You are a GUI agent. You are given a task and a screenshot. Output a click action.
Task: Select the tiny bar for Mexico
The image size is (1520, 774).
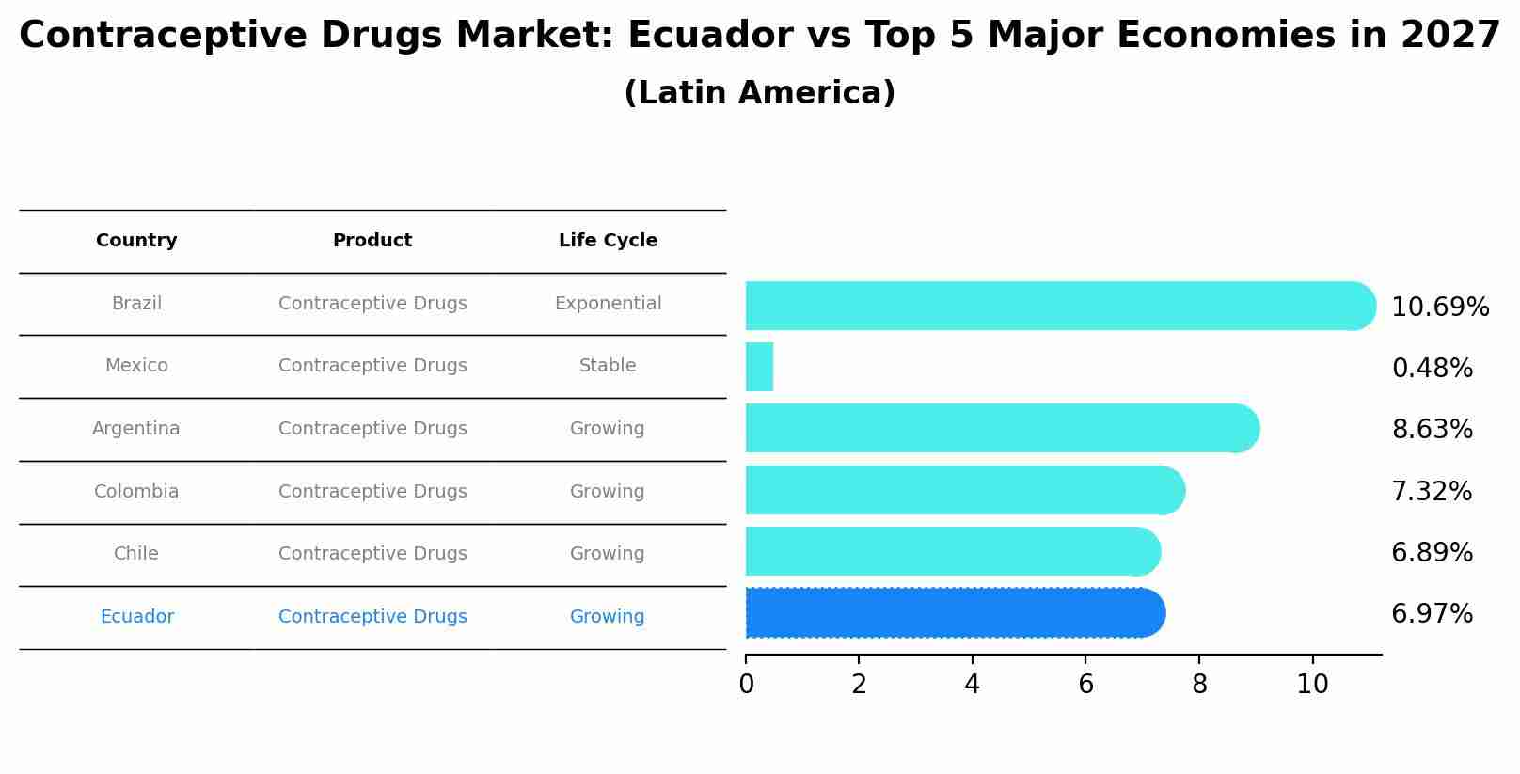pos(759,367)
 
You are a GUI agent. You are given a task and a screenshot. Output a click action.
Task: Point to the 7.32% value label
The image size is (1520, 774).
pos(1431,491)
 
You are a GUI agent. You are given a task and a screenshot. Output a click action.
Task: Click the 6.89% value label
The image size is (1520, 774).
pos(1431,552)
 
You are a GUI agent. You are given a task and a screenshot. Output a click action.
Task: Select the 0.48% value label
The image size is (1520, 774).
pos(1431,368)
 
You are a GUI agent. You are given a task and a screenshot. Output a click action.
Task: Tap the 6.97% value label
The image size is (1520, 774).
pos(1431,614)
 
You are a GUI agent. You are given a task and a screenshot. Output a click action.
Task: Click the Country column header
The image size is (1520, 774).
pos(136,241)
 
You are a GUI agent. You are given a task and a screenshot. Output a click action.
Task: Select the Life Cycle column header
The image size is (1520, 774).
pos(608,241)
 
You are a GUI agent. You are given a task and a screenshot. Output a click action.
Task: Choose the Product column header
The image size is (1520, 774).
pos(372,241)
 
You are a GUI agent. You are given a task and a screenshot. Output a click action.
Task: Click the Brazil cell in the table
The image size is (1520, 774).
pos(136,304)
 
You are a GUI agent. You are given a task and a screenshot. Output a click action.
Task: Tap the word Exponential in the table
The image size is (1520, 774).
pos(608,304)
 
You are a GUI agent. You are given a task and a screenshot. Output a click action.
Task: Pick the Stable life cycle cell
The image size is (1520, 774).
pos(608,366)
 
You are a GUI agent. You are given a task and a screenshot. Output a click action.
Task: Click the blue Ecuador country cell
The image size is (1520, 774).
pos(136,617)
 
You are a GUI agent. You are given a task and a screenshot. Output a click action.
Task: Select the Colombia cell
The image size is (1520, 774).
pos(136,492)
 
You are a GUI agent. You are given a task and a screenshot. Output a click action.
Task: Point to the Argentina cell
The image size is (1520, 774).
pos(136,429)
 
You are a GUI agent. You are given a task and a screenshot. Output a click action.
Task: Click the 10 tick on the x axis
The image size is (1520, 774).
pos(1312,685)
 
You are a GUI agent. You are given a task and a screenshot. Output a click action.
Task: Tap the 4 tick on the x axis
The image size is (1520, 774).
pos(972,685)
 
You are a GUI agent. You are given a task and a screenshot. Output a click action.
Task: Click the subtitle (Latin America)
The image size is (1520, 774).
pos(759,93)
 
